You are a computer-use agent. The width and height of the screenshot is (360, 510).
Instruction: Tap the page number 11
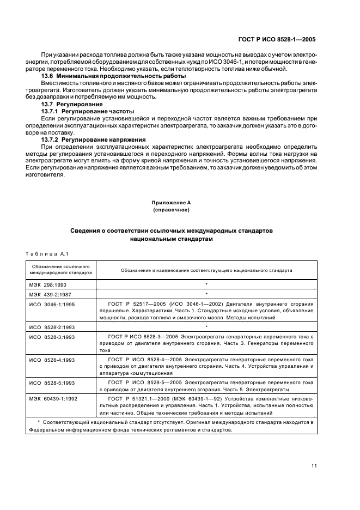(x=314, y=465)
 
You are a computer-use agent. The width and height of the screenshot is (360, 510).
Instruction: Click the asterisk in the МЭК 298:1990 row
(x=206, y=284)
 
